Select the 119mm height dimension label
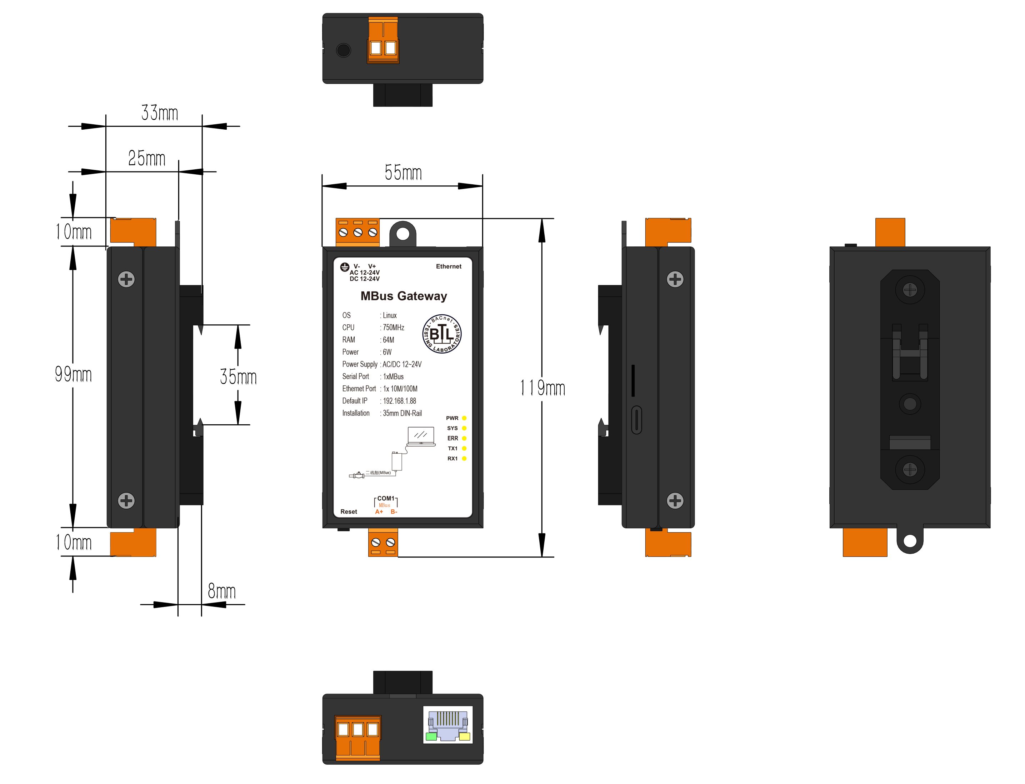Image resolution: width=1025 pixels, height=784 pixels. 542,388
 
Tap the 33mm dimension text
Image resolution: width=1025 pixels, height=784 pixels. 160,113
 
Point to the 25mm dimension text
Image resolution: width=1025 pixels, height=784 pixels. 146,158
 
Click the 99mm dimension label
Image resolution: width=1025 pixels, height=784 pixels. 73,374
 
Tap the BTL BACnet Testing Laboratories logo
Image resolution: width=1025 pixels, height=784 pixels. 441,334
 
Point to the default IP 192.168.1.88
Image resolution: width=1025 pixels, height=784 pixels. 399,401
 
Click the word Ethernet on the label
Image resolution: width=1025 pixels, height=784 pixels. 448,266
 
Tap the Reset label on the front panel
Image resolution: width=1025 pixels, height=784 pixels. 348,511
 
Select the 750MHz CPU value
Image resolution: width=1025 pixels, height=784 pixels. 393,328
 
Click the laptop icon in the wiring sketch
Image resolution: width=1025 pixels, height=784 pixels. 420,436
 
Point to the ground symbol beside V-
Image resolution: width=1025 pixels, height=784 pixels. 344,267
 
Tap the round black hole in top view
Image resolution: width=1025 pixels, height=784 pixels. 343,50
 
